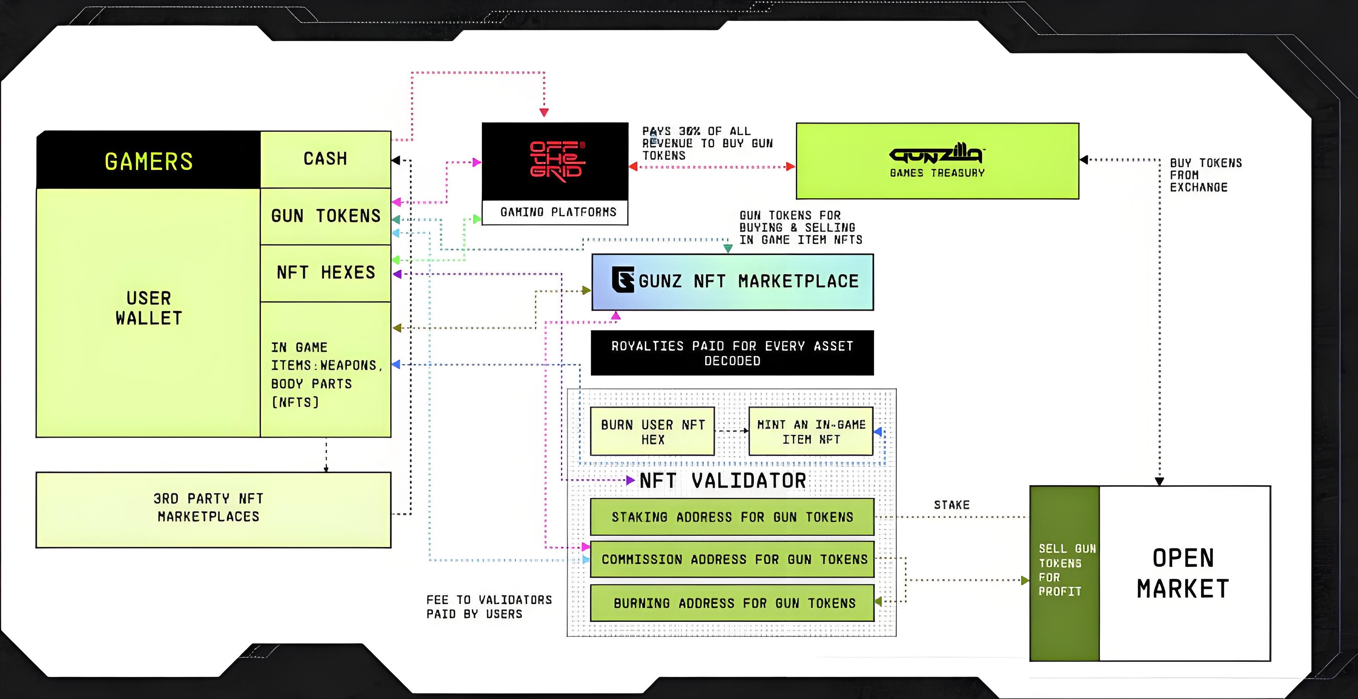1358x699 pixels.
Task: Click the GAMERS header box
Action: [148, 161]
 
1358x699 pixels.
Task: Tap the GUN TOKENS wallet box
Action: [325, 216]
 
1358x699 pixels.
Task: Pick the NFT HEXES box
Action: [325, 273]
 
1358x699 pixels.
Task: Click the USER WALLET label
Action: [149, 308]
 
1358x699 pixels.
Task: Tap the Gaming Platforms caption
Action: [558, 212]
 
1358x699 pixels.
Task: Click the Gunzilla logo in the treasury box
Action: [936, 154]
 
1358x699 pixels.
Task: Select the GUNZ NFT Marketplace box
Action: [732, 282]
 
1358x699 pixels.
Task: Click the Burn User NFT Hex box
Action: [652, 431]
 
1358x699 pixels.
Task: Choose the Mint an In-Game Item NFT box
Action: [811, 431]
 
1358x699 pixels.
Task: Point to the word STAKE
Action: [952, 505]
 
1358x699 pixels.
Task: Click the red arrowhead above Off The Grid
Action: [544, 112]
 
